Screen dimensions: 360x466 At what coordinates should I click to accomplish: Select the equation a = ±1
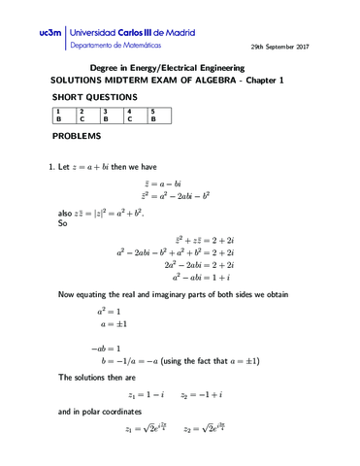pyautogui.click(x=111, y=324)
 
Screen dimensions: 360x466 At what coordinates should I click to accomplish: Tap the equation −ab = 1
pyautogui.click(x=105, y=347)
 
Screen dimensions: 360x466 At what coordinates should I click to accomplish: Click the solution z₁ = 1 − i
pyautogui.click(x=146, y=395)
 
